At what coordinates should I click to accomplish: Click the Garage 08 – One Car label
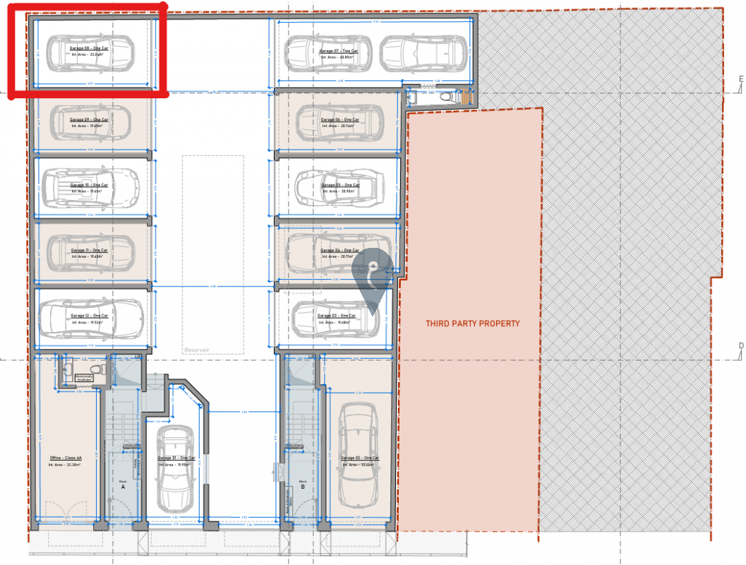tap(89, 48)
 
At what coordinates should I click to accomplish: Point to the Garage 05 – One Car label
tap(340, 185)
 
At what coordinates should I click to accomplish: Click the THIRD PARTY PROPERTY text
tap(472, 323)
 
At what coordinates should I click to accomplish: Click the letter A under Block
tap(122, 487)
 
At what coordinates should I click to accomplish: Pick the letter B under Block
tap(303, 487)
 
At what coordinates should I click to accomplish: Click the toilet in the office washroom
tap(99, 369)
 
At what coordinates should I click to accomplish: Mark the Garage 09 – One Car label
tap(89, 120)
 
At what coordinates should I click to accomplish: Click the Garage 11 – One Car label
tap(89, 250)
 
